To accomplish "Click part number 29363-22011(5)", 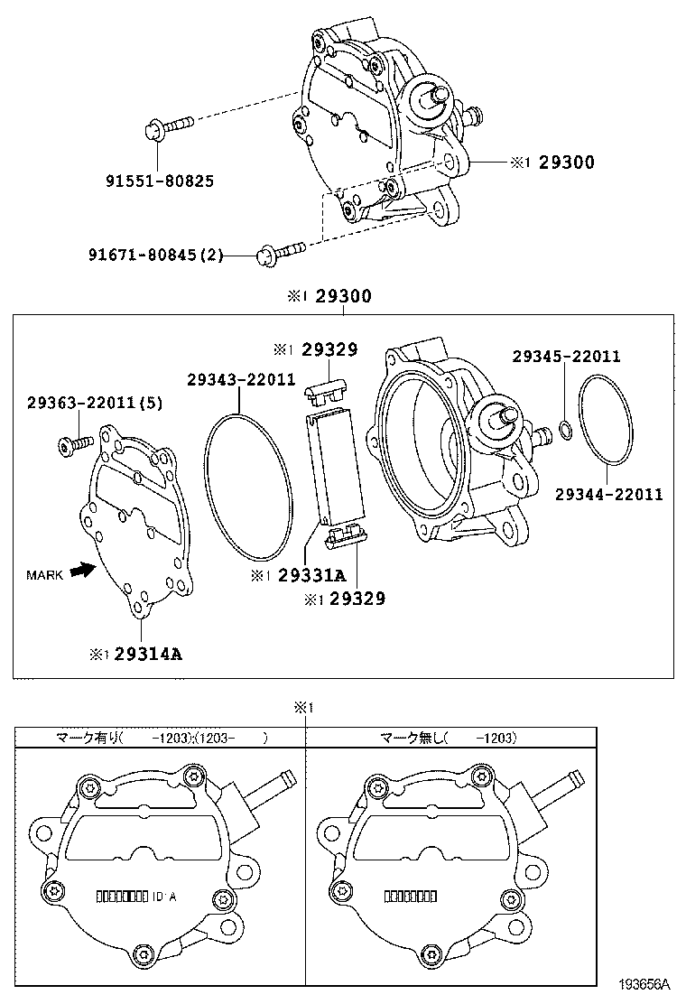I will (x=94, y=403).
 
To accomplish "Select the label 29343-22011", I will (x=241, y=379).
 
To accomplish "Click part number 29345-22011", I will (x=566, y=356).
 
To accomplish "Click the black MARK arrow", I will (x=83, y=571).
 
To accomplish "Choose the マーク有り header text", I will (x=90, y=738).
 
